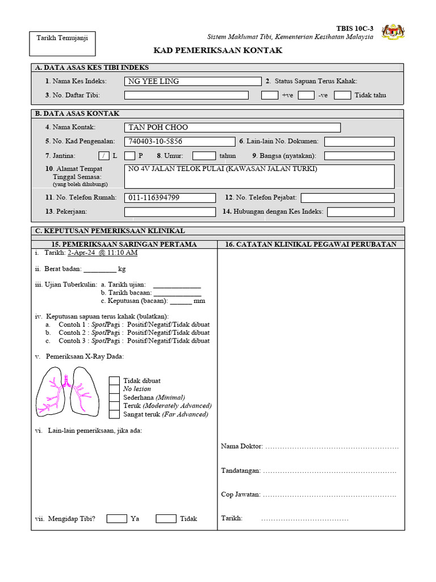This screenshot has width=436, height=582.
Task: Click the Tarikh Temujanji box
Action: pos(62,43)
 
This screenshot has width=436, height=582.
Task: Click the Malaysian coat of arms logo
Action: pos(393,32)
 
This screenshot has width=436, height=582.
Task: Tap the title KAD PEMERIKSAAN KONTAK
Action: pos(218,51)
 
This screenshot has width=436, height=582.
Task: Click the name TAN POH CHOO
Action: pos(158,127)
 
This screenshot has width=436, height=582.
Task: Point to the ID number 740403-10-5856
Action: pos(156,142)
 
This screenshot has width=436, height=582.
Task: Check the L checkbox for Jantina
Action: pos(103,155)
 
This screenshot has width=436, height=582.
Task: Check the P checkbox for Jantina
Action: pos(129,155)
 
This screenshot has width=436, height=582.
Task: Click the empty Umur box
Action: pos(204,155)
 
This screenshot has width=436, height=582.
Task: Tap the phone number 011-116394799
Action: pos(154,198)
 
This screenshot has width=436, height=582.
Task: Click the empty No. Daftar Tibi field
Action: pos(186,95)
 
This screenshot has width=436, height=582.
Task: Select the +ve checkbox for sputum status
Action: pos(270,95)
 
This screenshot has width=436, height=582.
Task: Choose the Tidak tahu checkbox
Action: pos(342,95)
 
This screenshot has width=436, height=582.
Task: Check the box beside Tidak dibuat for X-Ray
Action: pos(114,381)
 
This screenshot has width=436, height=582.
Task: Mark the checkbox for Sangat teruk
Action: pos(114,414)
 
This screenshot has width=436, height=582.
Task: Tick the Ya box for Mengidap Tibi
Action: pos(116,518)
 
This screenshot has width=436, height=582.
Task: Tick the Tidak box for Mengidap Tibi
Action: pos(166,518)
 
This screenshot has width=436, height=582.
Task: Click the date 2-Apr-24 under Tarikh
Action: pos(82,252)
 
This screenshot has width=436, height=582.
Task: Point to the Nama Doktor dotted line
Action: pos(332,447)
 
